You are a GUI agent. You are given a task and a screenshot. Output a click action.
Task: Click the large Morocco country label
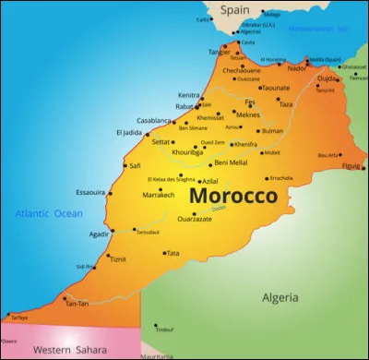click(x=232, y=198)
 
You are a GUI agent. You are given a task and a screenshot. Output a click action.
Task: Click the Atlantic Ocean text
click(x=48, y=214)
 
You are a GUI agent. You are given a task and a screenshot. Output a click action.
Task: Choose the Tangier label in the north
click(x=220, y=52)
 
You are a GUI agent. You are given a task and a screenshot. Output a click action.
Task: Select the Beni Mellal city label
click(x=231, y=162)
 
